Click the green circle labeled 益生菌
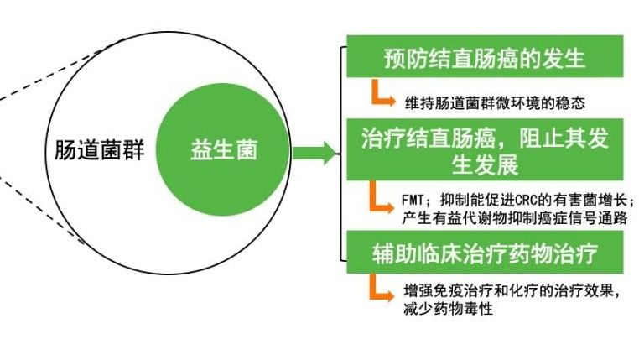[x=223, y=150]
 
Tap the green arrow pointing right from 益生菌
[x=314, y=154]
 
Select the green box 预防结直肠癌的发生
[x=485, y=57]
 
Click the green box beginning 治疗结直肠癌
[x=485, y=149]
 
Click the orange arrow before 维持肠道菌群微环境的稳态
[x=382, y=95]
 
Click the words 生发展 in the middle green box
[x=485, y=164]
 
